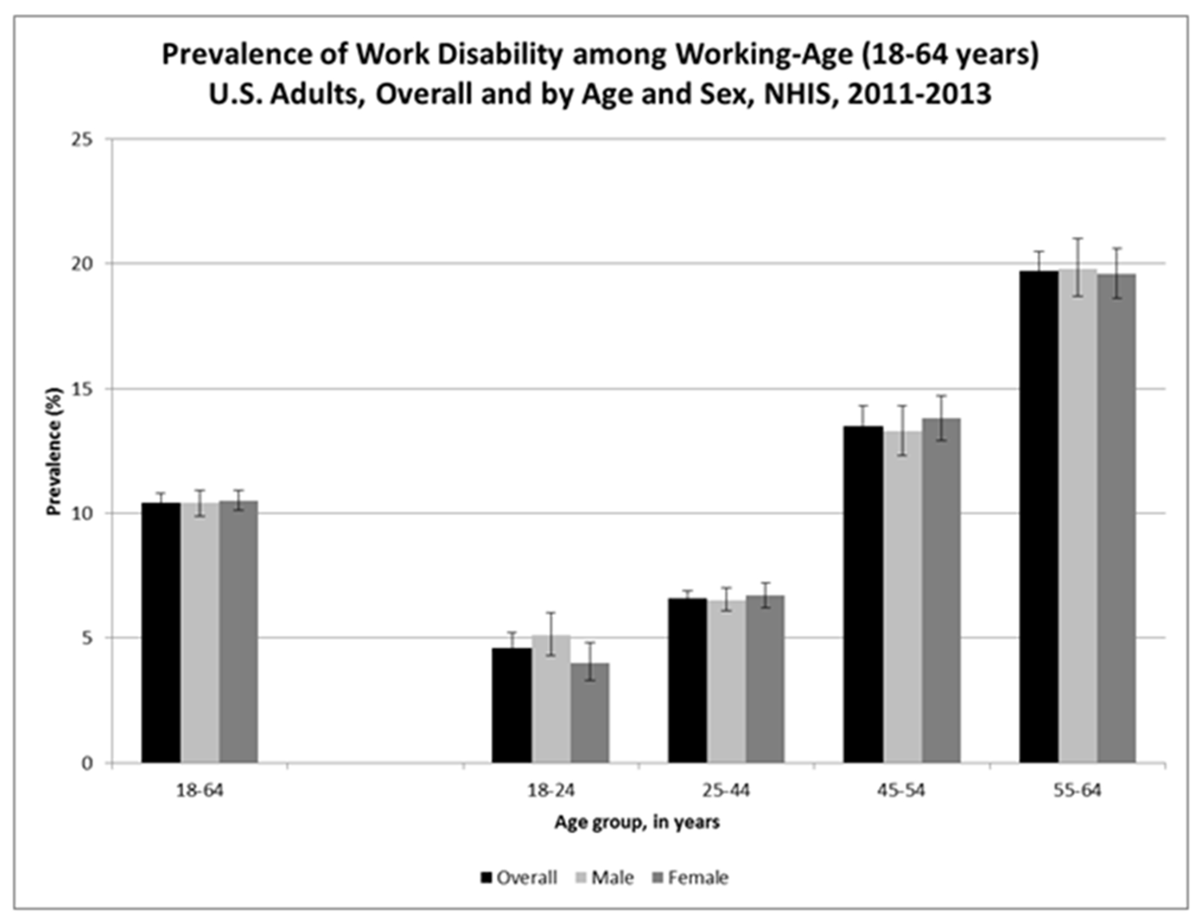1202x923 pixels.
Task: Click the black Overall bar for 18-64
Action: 161,633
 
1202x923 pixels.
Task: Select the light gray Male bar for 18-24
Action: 551,699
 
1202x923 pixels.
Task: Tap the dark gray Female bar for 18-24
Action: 590,713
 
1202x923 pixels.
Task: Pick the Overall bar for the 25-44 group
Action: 687,681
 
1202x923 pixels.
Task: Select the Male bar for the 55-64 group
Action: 1077,516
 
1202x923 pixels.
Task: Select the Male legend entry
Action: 604,878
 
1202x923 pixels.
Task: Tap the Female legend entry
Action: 690,878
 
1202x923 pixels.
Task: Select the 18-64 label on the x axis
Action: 199,791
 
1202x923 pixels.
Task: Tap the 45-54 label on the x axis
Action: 901,791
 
